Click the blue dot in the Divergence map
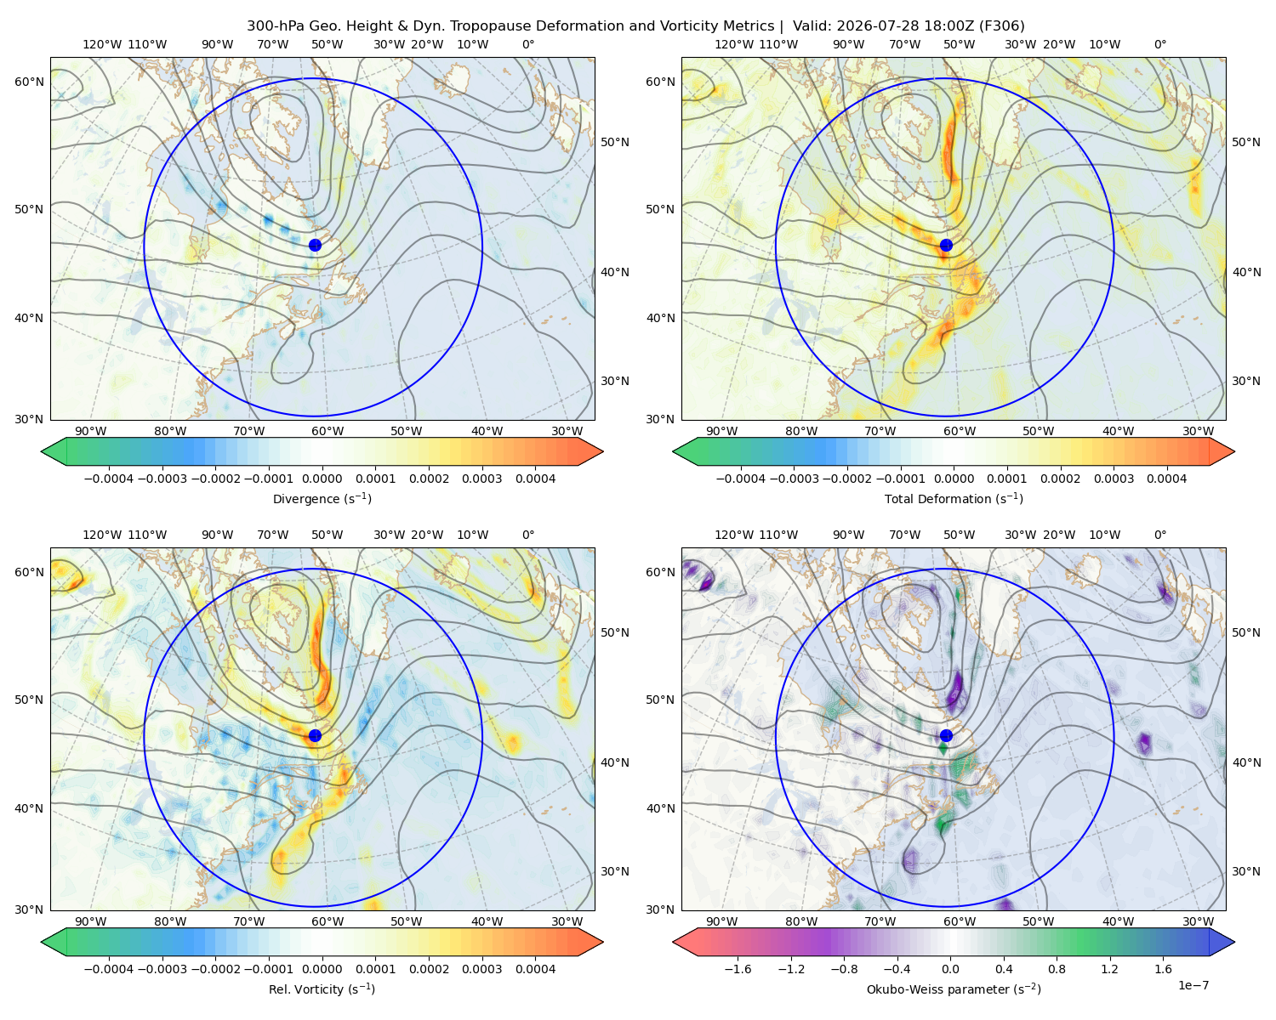(315, 246)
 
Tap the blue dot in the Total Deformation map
(946, 246)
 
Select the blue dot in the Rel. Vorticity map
(315, 735)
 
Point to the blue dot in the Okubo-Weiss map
(946, 735)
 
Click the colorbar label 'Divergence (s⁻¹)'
(322, 498)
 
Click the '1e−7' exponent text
(1193, 985)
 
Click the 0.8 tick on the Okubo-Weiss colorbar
(1057, 969)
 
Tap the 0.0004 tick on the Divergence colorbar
(535, 479)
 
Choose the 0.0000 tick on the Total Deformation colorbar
(954, 479)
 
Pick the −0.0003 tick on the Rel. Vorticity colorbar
(162, 969)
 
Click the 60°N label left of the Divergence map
(29, 82)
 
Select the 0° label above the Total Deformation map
(1159, 44)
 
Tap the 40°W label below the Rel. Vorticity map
(487, 921)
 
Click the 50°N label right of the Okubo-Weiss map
(1246, 632)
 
